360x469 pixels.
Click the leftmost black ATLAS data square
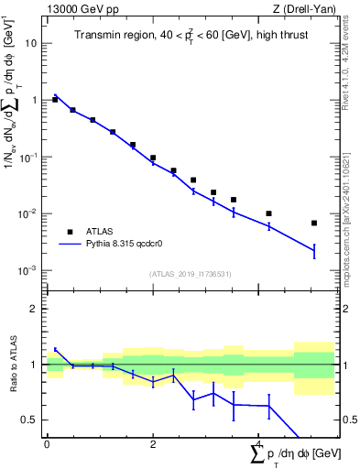[55, 99]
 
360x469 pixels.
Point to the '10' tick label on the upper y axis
[31, 43]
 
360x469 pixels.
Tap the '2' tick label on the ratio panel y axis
[34, 309]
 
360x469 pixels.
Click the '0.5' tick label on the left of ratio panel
[29, 420]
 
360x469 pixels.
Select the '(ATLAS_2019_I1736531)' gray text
[191, 274]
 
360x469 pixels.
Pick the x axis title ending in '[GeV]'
[293, 455]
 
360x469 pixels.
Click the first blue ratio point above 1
[55, 349]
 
